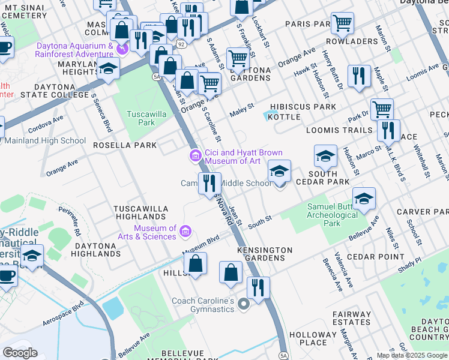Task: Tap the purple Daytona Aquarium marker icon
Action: (x=122, y=49)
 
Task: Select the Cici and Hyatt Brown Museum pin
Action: (x=196, y=157)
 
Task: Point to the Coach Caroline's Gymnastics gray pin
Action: (x=243, y=305)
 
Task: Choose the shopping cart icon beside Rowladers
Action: (x=342, y=23)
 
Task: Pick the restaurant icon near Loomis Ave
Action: (x=359, y=76)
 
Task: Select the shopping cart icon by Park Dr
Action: (x=382, y=109)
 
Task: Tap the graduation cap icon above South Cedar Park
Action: (x=325, y=157)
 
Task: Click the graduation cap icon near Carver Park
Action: (x=364, y=198)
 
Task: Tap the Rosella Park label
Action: (x=124, y=145)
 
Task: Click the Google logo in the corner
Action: (x=20, y=352)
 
